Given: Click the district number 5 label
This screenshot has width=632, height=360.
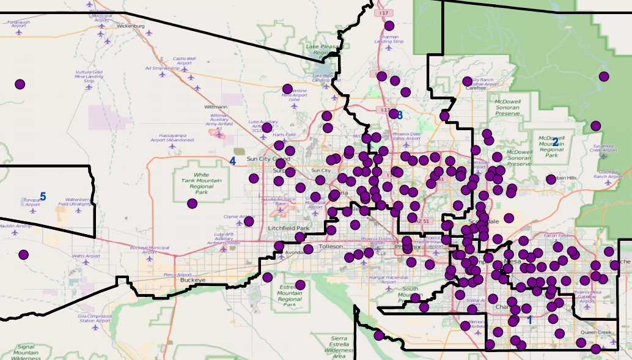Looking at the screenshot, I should click(x=43, y=197).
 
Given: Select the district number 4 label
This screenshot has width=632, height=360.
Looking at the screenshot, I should click(x=232, y=161).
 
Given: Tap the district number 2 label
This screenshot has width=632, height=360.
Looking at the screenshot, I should click(x=555, y=142).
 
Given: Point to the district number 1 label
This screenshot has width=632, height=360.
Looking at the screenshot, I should click(x=529, y=320).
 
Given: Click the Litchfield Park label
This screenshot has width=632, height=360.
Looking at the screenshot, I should click(x=289, y=228).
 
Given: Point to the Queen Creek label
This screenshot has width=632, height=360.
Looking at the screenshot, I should click(x=597, y=333).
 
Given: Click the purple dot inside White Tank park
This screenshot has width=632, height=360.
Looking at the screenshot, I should click(x=192, y=204).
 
